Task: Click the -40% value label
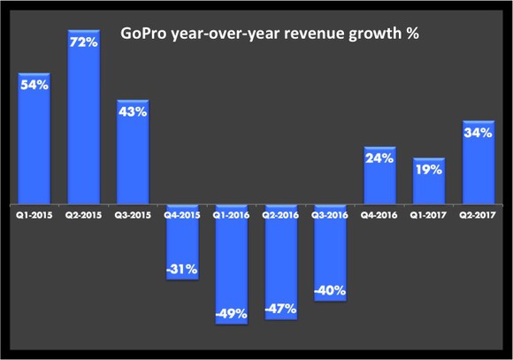click(x=330, y=289)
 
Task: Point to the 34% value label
click(x=478, y=134)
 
